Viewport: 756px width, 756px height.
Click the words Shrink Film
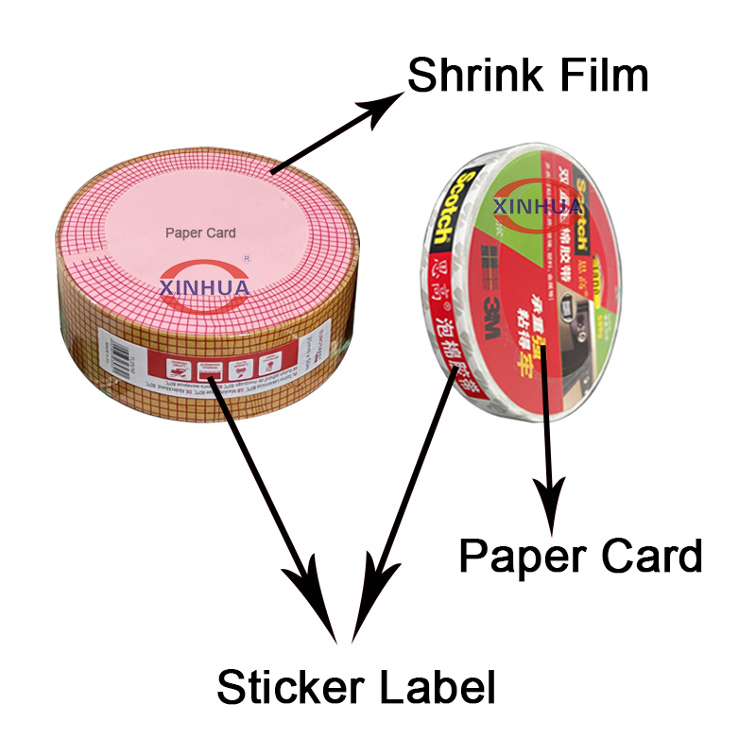point(527,76)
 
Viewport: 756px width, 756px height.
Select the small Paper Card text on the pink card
point(200,232)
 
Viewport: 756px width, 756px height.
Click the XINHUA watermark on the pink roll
point(204,284)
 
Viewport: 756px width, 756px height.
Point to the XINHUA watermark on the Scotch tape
point(540,205)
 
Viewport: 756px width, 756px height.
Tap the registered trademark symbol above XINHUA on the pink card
point(248,256)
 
